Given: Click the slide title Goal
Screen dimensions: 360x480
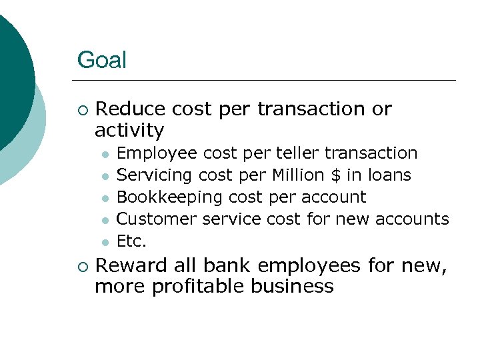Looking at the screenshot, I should pyautogui.click(x=101, y=60).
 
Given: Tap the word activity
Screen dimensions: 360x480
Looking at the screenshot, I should pyautogui.click(x=129, y=129).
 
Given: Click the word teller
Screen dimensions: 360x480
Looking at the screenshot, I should pyautogui.click(x=296, y=153).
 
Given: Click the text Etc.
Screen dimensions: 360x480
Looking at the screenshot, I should pyautogui.click(x=131, y=241).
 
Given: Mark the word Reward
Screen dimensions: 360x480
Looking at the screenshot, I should pyautogui.click(x=131, y=266).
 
